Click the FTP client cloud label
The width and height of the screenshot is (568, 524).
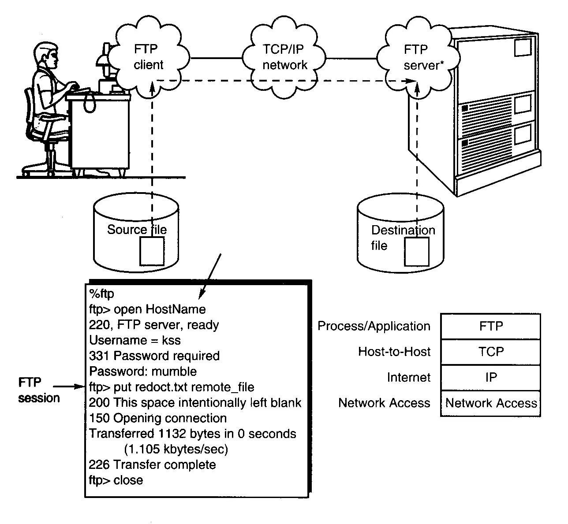pos(148,57)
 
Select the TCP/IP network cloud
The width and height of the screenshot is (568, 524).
pos(284,57)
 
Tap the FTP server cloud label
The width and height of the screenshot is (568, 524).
pos(421,57)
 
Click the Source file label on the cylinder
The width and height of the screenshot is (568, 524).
pos(137,230)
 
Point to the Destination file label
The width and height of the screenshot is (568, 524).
pos(402,238)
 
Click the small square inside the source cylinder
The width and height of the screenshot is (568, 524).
pos(152,251)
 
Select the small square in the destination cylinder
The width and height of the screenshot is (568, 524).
pos(417,252)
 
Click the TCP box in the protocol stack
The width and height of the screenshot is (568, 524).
pos(491,352)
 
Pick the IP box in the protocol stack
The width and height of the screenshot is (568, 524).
pos(491,377)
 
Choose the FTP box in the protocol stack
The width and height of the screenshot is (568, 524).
pos(491,326)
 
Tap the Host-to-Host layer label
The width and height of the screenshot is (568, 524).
pos(394,352)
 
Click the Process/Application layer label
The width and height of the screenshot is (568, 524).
pos(374,326)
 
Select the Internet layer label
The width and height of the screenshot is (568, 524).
pos(408,377)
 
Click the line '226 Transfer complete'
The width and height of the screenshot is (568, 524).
pos(153,465)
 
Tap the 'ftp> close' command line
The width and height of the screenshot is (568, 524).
pos(116,480)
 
